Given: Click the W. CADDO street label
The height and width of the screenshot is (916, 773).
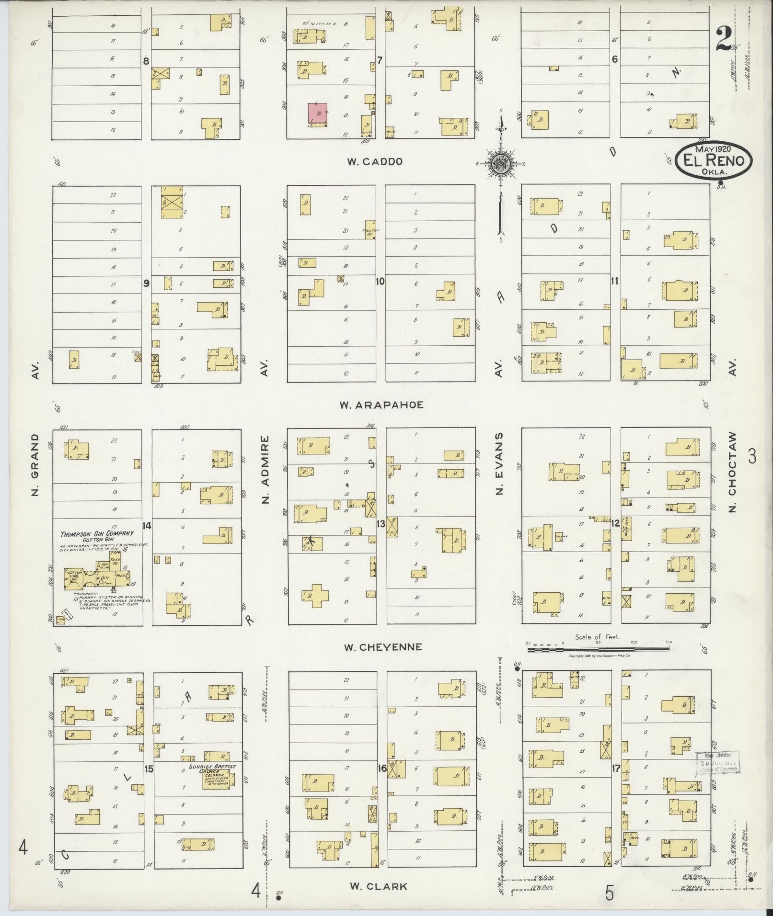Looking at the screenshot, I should [x=374, y=162].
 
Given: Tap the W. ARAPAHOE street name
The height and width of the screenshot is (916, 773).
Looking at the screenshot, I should [x=381, y=405].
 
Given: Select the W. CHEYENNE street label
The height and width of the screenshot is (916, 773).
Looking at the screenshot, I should [x=383, y=647].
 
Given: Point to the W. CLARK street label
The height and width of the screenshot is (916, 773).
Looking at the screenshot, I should [x=378, y=886].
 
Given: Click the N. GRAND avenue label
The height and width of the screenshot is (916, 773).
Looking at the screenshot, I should [x=35, y=464].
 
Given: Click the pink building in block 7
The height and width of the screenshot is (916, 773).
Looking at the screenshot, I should [x=317, y=114].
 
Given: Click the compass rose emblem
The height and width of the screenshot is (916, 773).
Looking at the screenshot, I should [x=500, y=164].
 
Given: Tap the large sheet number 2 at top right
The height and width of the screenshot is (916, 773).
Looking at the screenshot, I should [x=724, y=40].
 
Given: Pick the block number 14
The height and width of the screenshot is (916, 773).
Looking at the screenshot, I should [x=147, y=526].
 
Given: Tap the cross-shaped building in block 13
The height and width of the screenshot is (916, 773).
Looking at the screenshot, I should [x=315, y=595].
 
